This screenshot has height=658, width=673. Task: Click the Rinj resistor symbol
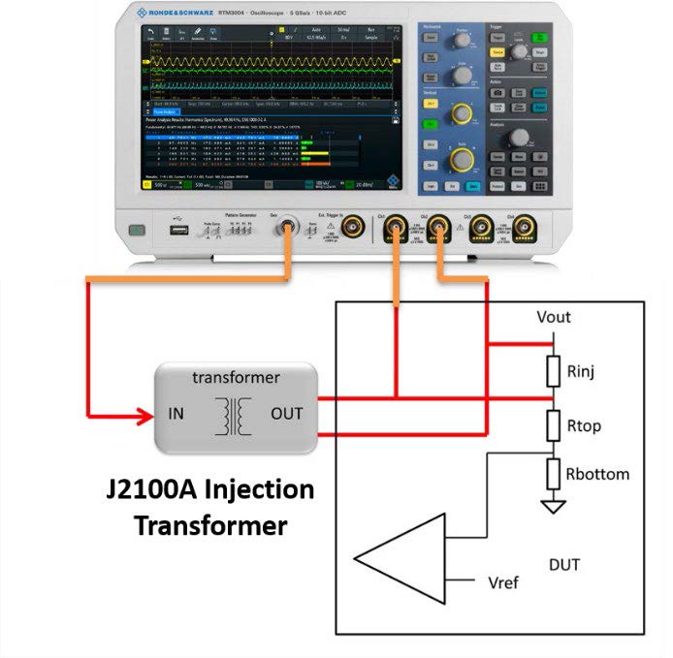click(554, 370)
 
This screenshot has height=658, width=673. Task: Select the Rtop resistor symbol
click(554, 423)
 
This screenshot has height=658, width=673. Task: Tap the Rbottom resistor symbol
click(554, 474)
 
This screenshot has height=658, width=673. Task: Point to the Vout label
click(554, 317)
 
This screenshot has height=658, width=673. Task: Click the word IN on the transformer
click(176, 414)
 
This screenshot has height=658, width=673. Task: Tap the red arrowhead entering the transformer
click(146, 417)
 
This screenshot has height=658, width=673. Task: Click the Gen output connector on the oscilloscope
click(287, 229)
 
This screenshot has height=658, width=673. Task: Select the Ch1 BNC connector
click(395, 229)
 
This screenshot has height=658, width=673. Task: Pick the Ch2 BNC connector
click(438, 229)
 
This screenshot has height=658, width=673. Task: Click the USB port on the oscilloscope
click(179, 231)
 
